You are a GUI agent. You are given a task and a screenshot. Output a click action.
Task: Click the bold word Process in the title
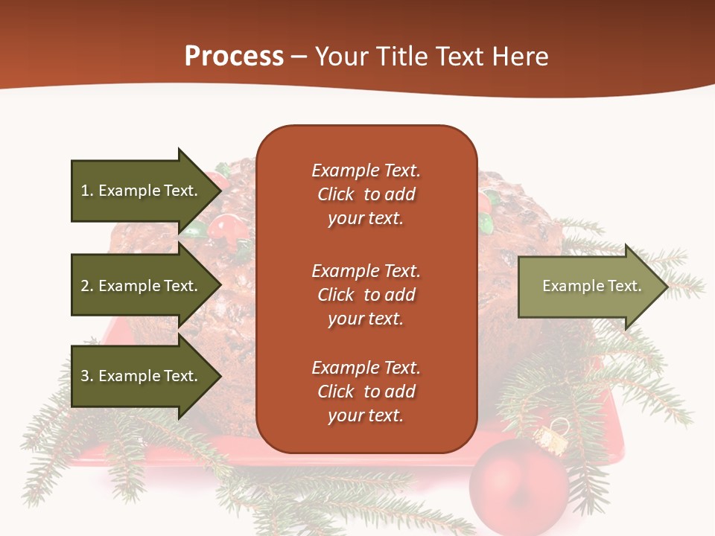coord(234,57)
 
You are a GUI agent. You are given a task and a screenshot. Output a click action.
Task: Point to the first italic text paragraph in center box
coord(366,194)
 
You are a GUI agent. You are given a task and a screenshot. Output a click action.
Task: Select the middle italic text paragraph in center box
coord(366,295)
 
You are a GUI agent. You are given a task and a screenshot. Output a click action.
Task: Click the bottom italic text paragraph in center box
coord(366,392)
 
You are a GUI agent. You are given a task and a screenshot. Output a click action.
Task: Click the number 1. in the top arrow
coord(87,191)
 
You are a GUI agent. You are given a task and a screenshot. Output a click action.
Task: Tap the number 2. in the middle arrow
coord(87,286)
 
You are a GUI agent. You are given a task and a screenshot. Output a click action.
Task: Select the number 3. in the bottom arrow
coord(87,376)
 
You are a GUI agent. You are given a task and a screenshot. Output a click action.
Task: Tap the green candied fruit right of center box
coord(485,223)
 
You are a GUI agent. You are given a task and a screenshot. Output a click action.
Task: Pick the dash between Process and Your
coord(299,57)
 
